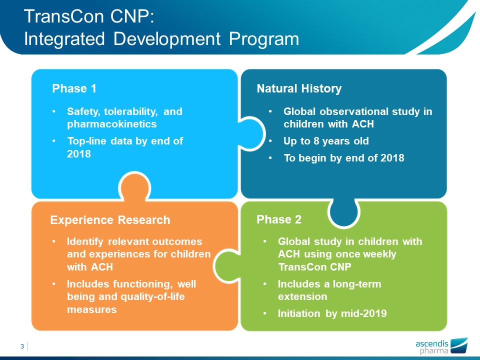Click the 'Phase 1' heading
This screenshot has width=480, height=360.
pos(74,89)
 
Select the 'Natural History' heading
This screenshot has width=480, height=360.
pos(299,89)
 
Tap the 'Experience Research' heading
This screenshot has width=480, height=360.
pos(110,220)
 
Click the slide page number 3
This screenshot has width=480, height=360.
pos(22,346)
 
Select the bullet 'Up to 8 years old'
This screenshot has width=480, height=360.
pos(326,141)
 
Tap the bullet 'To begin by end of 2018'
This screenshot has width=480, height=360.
pos(343,158)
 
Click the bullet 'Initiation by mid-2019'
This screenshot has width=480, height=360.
pos(332,314)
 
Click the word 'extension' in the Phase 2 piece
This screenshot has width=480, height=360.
pos(302,296)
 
